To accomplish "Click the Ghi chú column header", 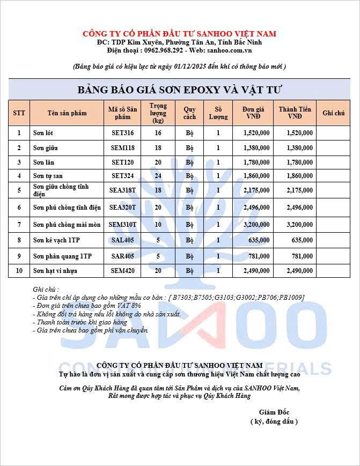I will click(x=333, y=113).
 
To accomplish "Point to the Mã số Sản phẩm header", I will click(x=122, y=113).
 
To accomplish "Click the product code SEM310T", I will click(x=122, y=224).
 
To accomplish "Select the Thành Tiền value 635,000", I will click(x=300, y=241).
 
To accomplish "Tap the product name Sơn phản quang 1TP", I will click(x=62, y=256).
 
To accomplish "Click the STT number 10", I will click(x=19, y=271).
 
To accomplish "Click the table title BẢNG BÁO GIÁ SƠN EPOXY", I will click(x=180, y=89).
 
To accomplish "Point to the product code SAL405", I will click(x=122, y=241).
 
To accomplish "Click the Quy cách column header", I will click(x=189, y=113).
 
